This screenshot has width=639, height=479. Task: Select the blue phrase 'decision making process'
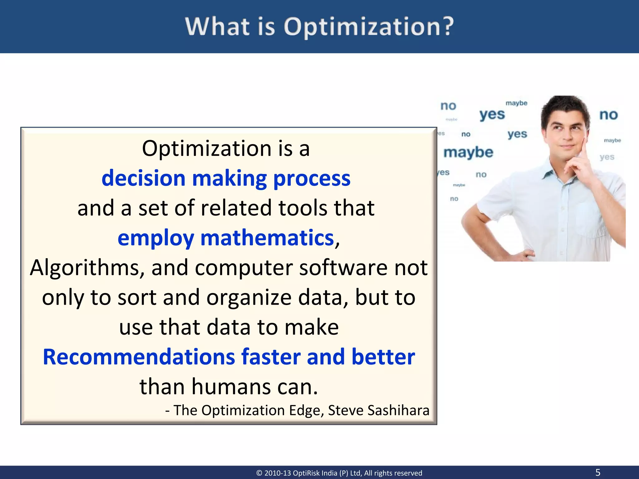pos(226,178)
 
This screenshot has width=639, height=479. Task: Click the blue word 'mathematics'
pos(267,238)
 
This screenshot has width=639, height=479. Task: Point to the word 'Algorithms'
pos(87,268)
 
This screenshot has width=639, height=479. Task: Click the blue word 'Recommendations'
pos(139,357)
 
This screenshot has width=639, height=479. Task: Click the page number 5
pos(598,472)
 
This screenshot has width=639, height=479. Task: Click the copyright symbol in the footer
pos(259,473)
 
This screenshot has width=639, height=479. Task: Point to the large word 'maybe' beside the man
pos(468,152)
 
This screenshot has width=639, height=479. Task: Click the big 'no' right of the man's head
pos(608,115)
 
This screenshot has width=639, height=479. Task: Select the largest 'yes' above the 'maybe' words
pos(492,115)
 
